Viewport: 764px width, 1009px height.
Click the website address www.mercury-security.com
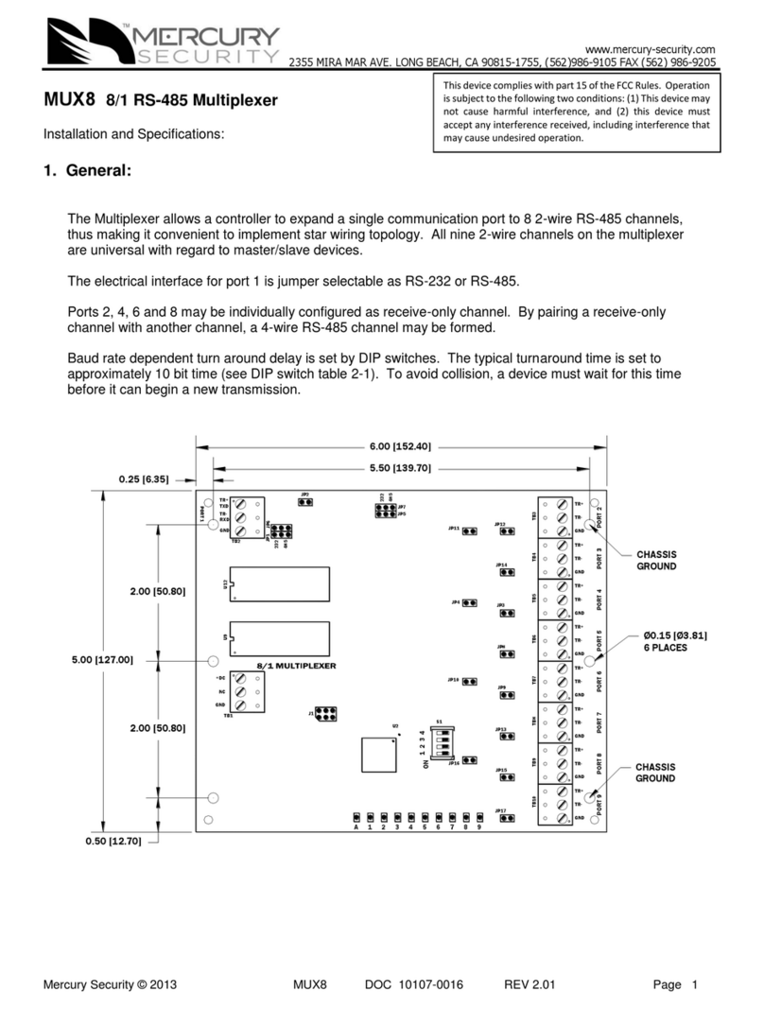tap(651, 48)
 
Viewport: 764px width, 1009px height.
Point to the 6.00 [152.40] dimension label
tap(400, 446)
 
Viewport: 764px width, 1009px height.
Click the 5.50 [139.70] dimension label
tap(400, 467)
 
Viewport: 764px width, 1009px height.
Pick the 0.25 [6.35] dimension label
tap(144, 479)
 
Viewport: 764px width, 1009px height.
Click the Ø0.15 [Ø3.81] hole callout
tap(676, 634)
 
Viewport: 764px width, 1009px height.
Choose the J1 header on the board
tap(326, 713)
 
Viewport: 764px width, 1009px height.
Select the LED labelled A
tap(356, 815)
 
